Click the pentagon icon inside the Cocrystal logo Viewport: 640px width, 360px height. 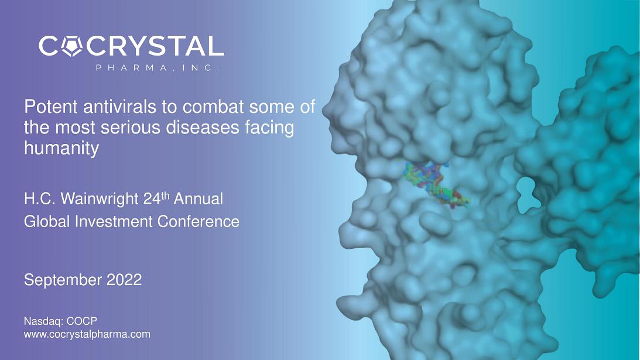coord(72,46)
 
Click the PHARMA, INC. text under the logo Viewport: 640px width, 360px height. coord(158,68)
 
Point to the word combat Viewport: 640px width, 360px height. coord(213,107)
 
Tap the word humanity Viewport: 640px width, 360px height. coord(61,148)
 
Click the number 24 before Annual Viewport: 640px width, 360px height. coord(152,199)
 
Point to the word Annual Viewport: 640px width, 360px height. coord(198,199)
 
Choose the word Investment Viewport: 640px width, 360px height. coord(114,222)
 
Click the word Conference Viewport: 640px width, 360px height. coord(198,222)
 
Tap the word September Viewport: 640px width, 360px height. coord(63,280)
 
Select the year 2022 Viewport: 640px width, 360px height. coord(124,280)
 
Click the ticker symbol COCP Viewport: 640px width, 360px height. coord(81,321)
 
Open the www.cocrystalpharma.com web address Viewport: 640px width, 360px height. coord(87,334)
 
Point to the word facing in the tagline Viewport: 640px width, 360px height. coord(269,128)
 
